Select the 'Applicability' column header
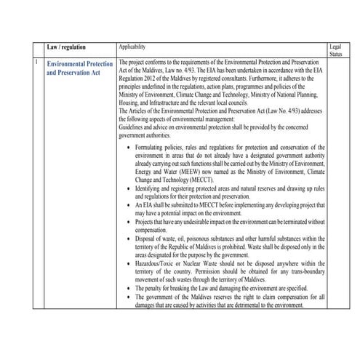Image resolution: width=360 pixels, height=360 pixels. pos(134,46)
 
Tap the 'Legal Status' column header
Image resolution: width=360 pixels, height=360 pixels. pos(335,49)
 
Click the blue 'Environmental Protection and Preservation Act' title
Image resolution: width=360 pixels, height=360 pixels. pos(79,68)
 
